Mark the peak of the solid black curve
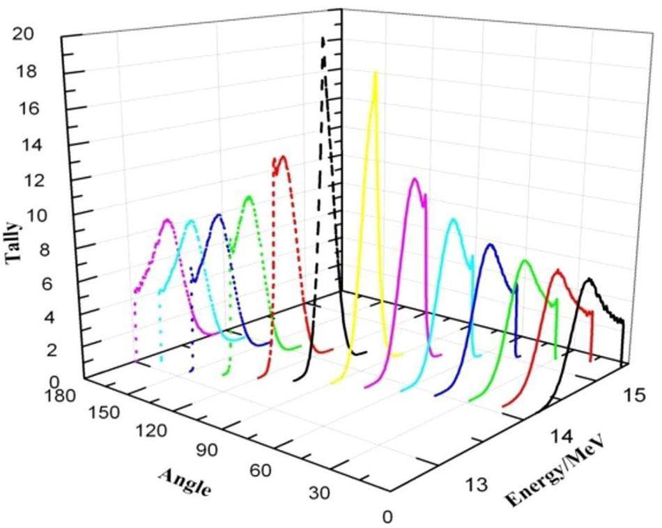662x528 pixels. (590, 279)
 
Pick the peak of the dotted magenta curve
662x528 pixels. (167, 220)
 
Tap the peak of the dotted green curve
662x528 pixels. (248, 197)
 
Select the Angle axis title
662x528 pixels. (185, 481)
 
